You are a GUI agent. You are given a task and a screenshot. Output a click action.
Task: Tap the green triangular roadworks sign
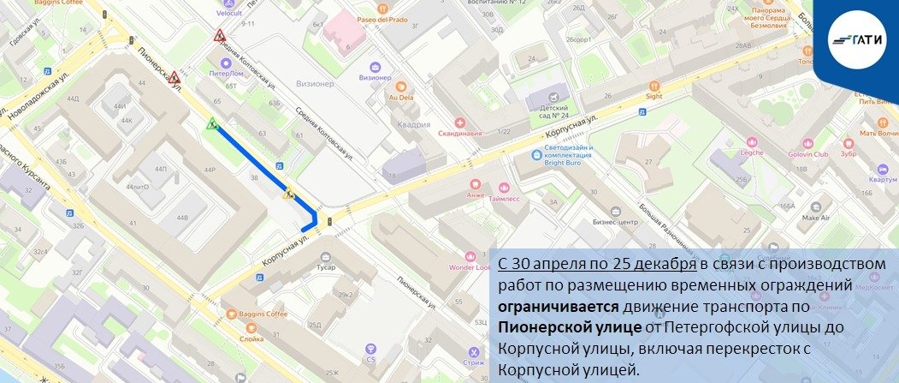[211, 125]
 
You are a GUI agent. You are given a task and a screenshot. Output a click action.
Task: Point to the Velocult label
[229, 14]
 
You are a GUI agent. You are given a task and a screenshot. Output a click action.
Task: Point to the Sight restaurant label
[654, 96]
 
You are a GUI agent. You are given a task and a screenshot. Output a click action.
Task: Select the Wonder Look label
[469, 266]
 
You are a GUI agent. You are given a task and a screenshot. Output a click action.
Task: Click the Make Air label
[816, 218]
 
